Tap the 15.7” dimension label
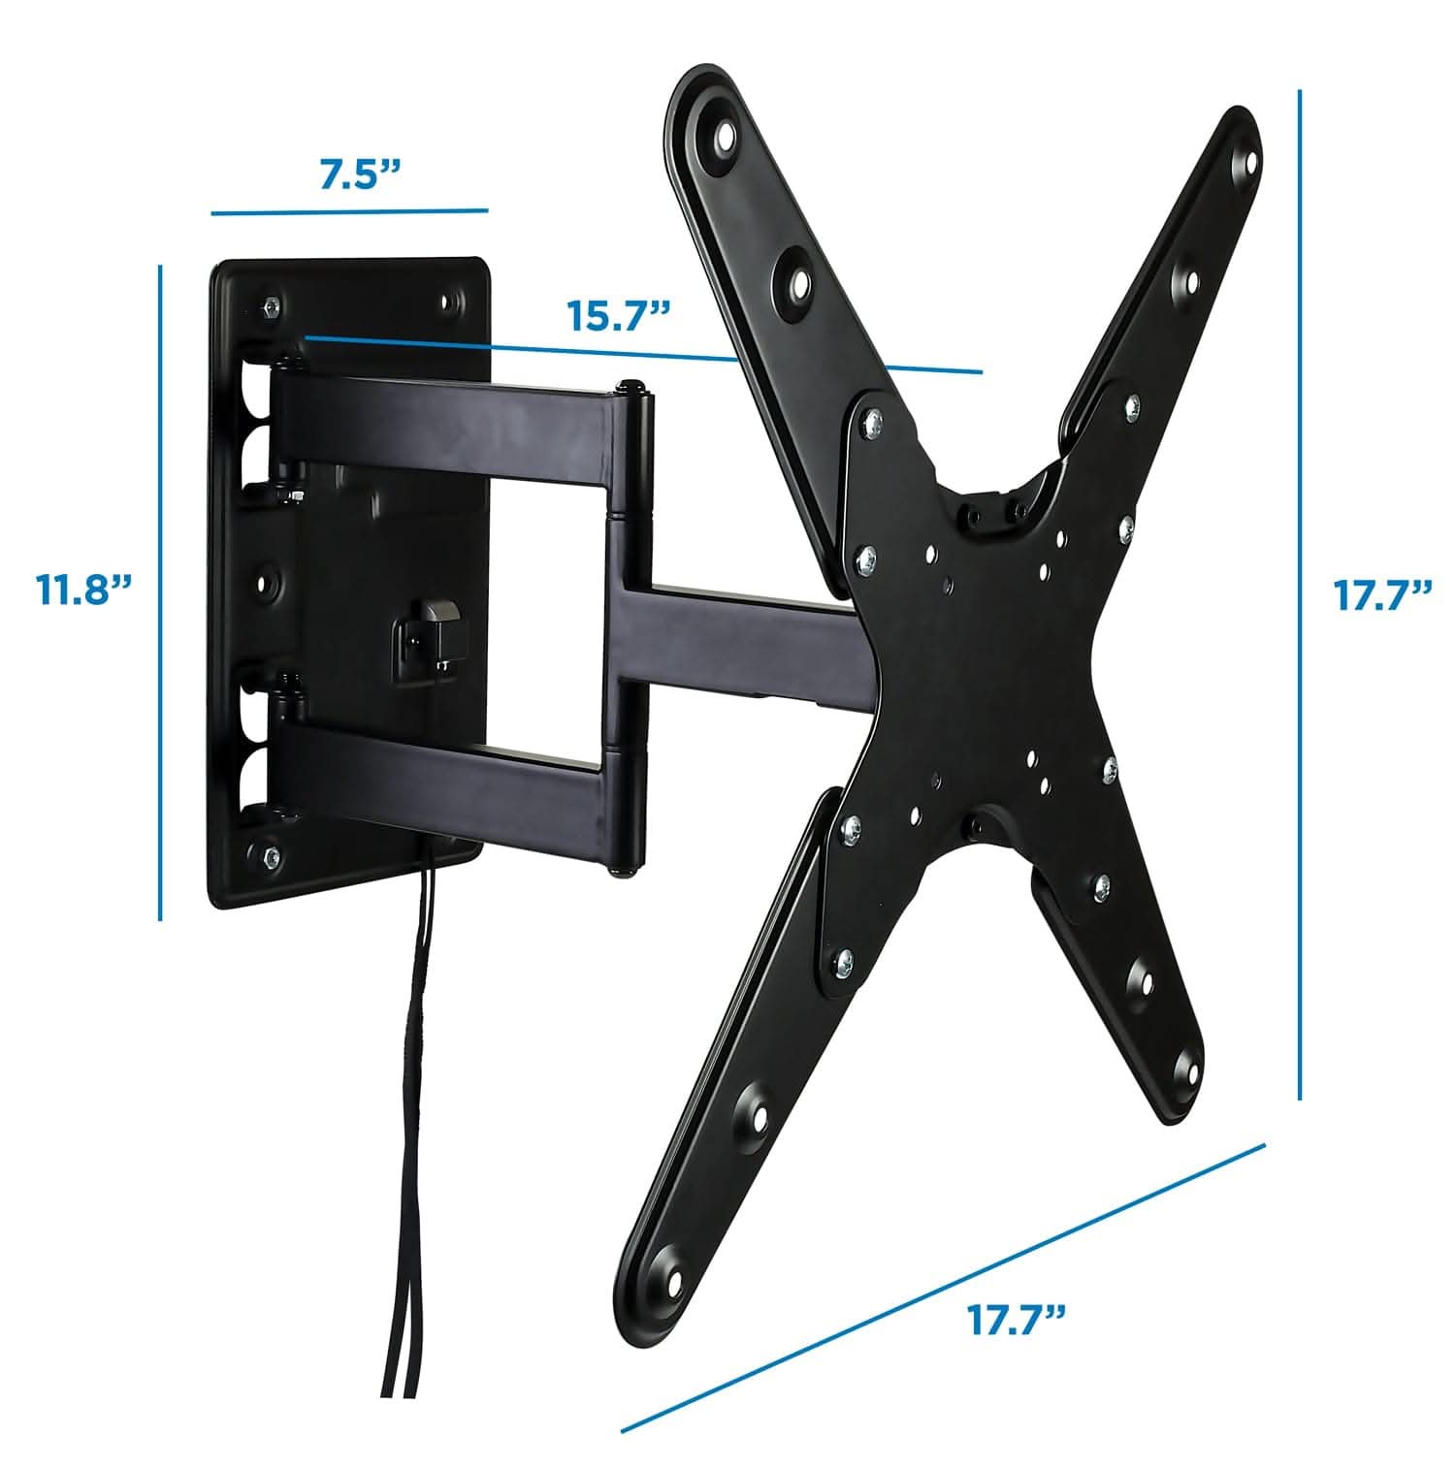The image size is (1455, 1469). pyautogui.click(x=620, y=316)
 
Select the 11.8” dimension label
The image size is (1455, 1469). pyautogui.click(x=83, y=589)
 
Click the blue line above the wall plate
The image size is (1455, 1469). pyautogui.click(x=349, y=210)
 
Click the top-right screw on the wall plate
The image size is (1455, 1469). pyautogui.click(x=450, y=303)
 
